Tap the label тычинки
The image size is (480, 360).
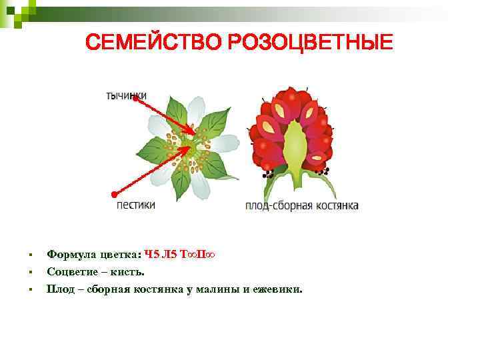127,96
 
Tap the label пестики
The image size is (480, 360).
136,205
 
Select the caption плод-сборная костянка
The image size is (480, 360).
302,205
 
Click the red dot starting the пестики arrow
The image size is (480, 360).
114,194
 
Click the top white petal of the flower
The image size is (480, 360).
196,111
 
